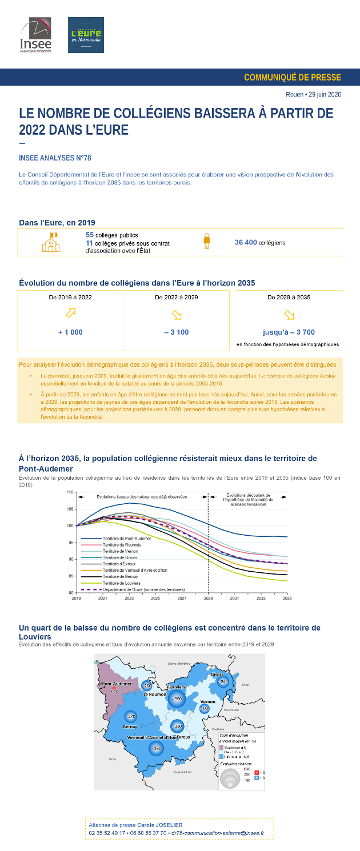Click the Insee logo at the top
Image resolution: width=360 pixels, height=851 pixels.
tap(36, 35)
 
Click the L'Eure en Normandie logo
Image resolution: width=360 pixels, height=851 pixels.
tap(86, 35)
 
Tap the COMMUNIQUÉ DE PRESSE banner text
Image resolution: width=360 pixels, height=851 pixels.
tap(292, 77)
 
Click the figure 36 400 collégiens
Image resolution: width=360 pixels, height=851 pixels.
tap(260, 243)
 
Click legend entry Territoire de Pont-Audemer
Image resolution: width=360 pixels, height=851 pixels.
tap(127, 539)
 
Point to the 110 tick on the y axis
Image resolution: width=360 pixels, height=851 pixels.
tap(70, 492)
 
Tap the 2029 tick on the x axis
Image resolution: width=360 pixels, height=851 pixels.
tap(208, 599)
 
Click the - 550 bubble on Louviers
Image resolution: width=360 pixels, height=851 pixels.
tap(178, 699)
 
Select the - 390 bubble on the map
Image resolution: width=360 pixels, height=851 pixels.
tap(155, 748)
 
